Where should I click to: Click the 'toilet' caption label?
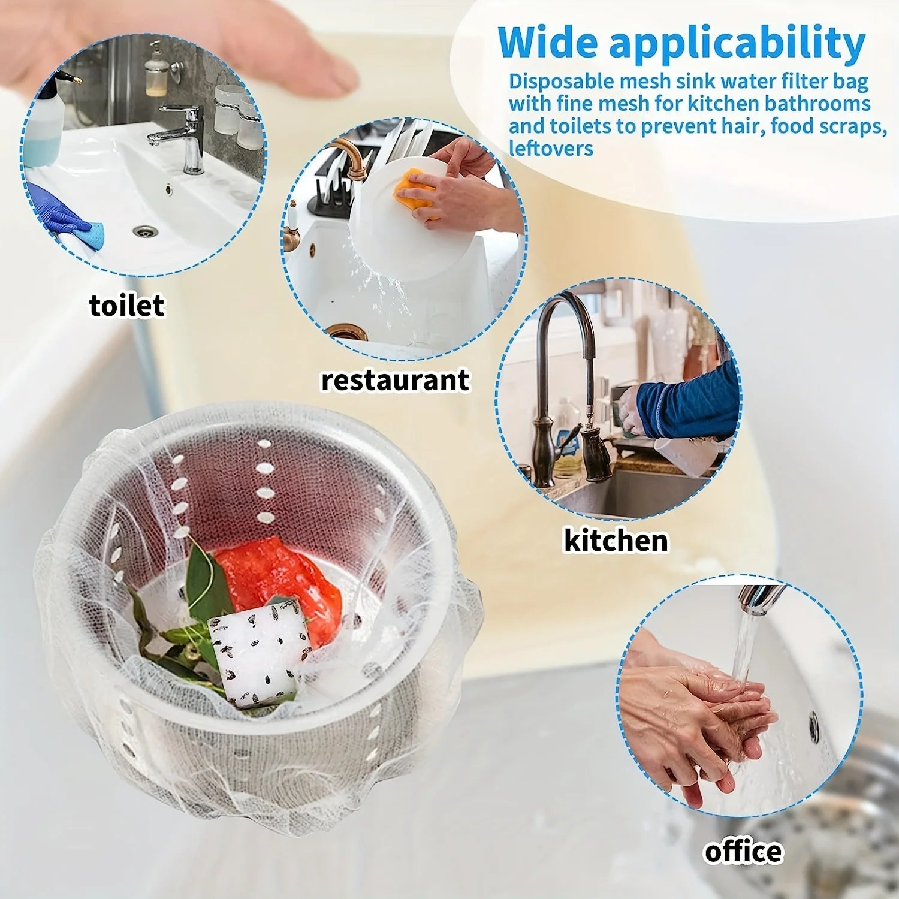click(x=126, y=306)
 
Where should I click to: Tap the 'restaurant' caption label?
click(x=395, y=381)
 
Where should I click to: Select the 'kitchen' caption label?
click(x=616, y=541)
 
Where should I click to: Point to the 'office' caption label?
click(x=743, y=852)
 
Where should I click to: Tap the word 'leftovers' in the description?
click(x=551, y=149)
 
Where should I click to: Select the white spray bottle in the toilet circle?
click(x=45, y=126)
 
